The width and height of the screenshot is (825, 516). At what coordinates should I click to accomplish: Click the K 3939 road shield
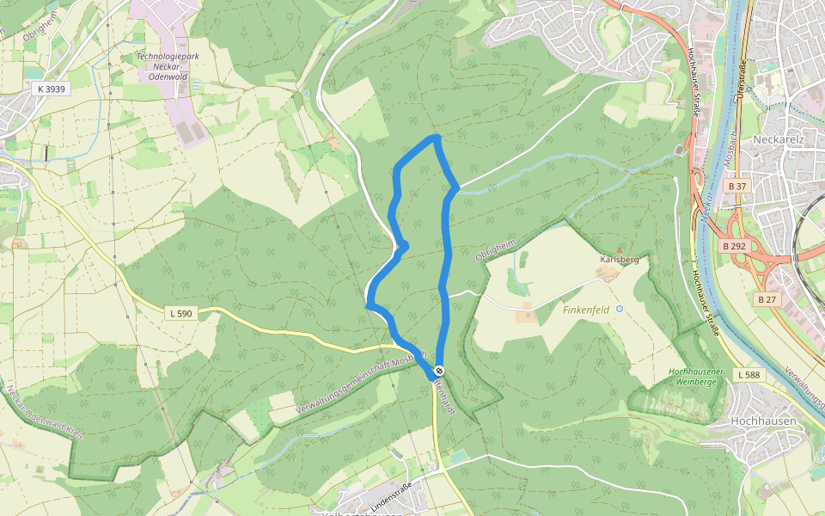point(52,89)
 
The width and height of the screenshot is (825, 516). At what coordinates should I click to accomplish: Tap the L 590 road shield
point(181,314)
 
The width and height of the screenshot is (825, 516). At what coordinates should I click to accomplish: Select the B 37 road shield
point(736,186)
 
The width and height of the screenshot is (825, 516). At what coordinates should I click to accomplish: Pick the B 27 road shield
point(767,298)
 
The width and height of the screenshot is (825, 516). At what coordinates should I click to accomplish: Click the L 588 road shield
point(749,374)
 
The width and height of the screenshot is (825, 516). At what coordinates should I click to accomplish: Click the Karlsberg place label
point(619,259)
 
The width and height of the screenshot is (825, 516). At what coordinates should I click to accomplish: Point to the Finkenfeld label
point(586,309)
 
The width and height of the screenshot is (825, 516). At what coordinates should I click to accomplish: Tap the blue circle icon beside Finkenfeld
point(620,308)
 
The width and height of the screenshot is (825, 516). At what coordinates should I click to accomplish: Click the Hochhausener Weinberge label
point(693,376)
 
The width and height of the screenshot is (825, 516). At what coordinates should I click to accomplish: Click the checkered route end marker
point(440,370)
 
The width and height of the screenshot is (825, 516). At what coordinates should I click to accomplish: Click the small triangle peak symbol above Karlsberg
point(620,249)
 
